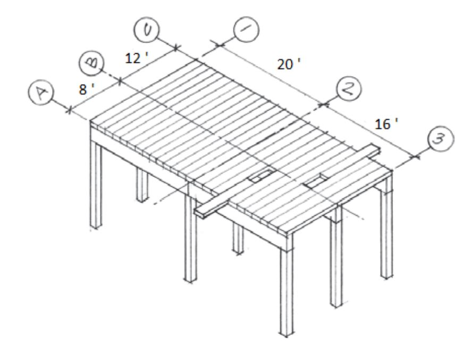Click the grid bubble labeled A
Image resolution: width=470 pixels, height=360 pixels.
(41, 92)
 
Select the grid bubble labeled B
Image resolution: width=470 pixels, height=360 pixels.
(92, 64)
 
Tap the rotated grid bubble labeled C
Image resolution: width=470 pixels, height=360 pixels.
(147, 29)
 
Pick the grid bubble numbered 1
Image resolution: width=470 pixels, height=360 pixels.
(246, 29)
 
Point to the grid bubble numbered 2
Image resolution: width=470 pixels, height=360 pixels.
(349, 89)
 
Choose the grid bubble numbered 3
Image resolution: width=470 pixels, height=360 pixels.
(441, 139)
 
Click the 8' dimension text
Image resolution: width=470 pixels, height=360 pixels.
(87, 89)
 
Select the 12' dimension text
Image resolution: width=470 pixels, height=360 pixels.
(137, 58)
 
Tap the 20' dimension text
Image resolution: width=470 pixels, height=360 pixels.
(289, 64)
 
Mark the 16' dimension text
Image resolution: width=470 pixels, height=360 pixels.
(387, 124)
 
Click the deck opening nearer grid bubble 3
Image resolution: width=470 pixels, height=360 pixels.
(316, 181)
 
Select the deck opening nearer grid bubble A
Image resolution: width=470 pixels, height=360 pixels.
(261, 175)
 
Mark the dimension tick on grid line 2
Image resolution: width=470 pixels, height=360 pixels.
(323, 105)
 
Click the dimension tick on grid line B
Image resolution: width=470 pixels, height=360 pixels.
(120, 81)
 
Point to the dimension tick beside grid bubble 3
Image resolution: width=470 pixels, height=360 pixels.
(415, 156)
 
